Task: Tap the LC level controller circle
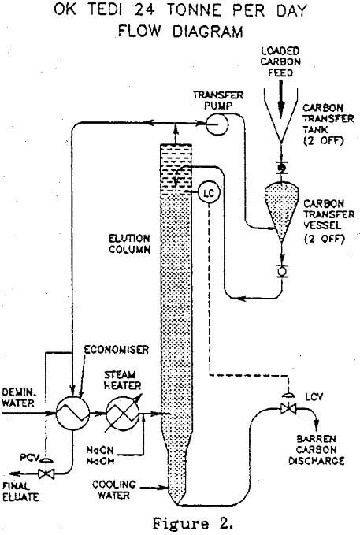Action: click(207, 191)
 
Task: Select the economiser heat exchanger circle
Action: click(69, 411)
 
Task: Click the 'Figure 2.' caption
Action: click(180, 521)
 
